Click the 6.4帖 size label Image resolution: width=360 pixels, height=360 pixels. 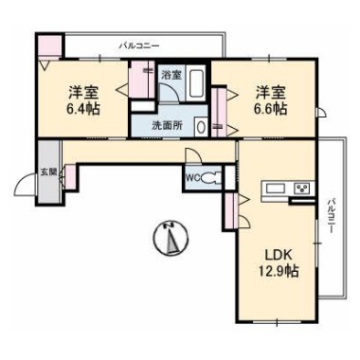pos(82,110)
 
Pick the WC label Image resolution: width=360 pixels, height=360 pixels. pos(192,177)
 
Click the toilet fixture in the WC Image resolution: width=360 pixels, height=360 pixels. pos(212,176)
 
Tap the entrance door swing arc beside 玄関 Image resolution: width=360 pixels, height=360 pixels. pos(26,185)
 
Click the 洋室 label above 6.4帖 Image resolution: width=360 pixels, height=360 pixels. pos(82,93)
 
